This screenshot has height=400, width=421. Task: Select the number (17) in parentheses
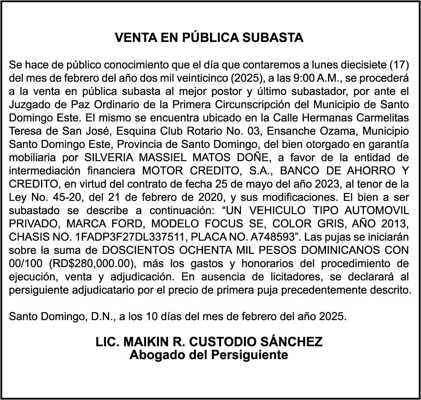point(400,65)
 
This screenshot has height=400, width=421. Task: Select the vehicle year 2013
point(394,224)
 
